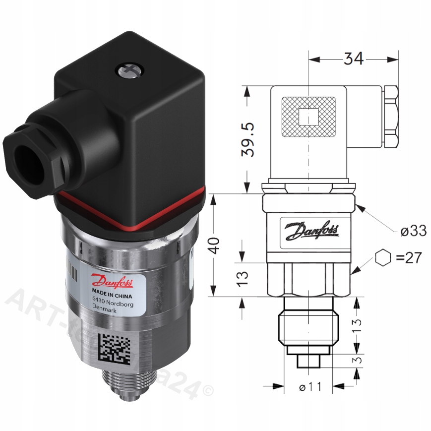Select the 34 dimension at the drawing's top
pos(354,59)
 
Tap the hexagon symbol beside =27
pos(382,258)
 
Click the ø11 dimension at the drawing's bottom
pos(310,386)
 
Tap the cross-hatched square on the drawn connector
pos(308,117)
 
